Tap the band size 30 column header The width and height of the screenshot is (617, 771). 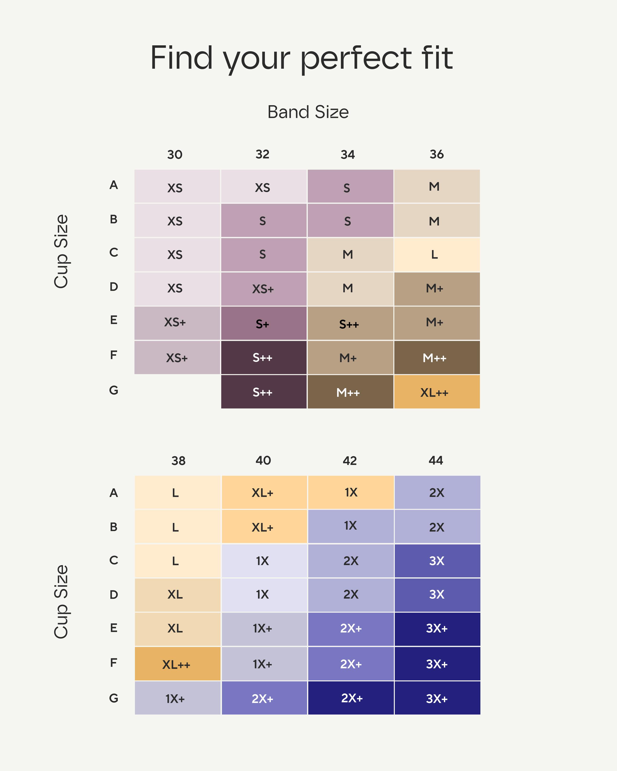[x=175, y=155]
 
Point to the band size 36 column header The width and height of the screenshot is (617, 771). [x=437, y=155]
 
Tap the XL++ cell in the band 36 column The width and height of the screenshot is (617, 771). [x=437, y=392]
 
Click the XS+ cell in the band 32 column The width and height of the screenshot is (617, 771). [x=263, y=289]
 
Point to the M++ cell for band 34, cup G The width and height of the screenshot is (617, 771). [x=350, y=392]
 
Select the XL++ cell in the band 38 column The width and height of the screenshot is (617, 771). [x=177, y=664]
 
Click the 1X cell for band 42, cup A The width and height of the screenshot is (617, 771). [x=351, y=492]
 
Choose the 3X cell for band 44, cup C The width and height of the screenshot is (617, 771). [x=437, y=561]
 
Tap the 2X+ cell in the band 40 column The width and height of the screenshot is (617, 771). [x=264, y=698]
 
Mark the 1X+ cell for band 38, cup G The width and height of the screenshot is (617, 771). [x=177, y=698]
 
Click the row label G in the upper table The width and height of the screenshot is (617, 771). [x=114, y=390]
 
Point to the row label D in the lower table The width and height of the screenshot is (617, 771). [x=114, y=595]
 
